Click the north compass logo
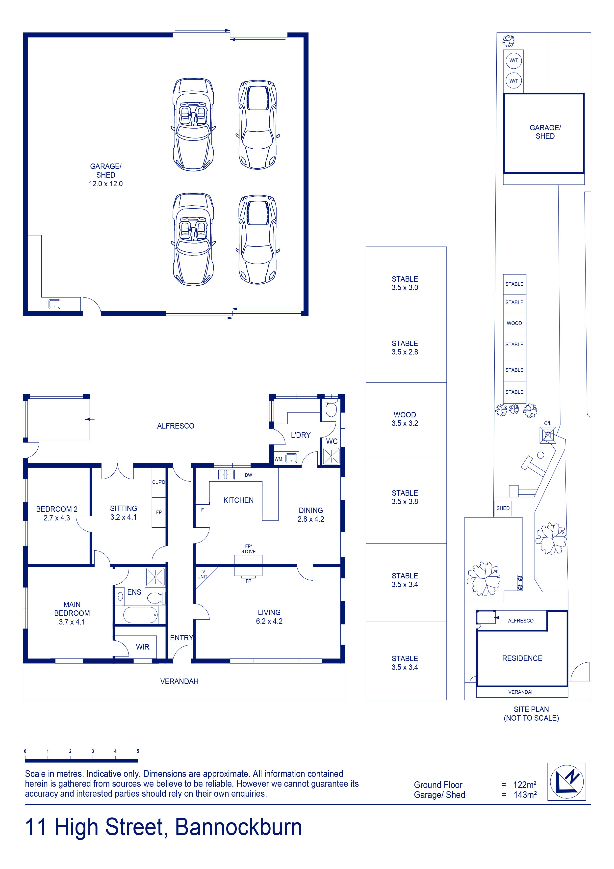tap(566, 782)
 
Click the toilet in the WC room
tap(331, 407)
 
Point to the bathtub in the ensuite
tap(140, 615)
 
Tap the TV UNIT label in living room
tap(202, 574)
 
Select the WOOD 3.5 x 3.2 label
tap(405, 419)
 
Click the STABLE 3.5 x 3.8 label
tap(405, 497)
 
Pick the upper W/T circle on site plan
tap(514, 60)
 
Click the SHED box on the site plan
tap(503, 508)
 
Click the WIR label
tap(143, 647)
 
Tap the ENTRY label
tap(181, 638)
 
